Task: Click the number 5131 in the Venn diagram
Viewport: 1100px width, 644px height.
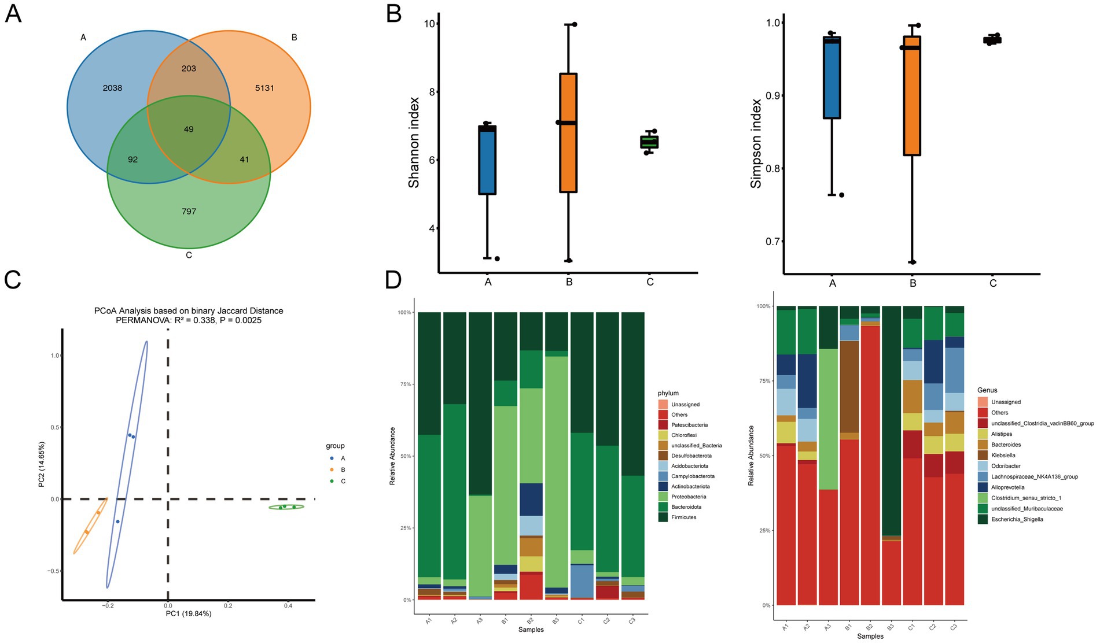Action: (x=264, y=88)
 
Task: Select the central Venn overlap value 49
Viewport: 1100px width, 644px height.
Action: (x=189, y=129)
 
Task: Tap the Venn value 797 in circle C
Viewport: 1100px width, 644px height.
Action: (x=189, y=212)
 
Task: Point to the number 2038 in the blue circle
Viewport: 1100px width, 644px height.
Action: (x=112, y=88)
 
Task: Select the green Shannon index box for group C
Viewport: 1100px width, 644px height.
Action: (x=649, y=142)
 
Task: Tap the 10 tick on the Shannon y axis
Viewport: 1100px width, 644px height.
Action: (x=429, y=24)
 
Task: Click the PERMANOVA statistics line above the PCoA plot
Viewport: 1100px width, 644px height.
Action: (x=189, y=320)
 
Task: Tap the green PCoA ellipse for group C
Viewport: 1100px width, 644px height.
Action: (x=286, y=508)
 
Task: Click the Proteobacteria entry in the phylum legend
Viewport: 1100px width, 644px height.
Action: (x=689, y=497)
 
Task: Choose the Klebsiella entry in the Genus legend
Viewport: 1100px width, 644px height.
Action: (x=1003, y=455)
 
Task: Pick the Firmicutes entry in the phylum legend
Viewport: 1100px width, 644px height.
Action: (x=683, y=517)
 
